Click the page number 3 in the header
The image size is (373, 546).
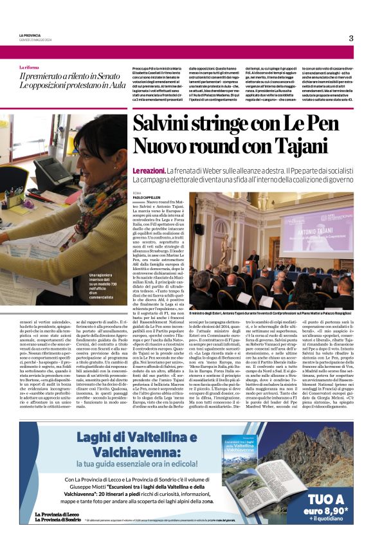[350, 38]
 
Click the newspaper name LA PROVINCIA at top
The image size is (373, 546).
[30, 35]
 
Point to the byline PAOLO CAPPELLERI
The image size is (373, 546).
[146, 197]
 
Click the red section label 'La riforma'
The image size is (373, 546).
[28, 67]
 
